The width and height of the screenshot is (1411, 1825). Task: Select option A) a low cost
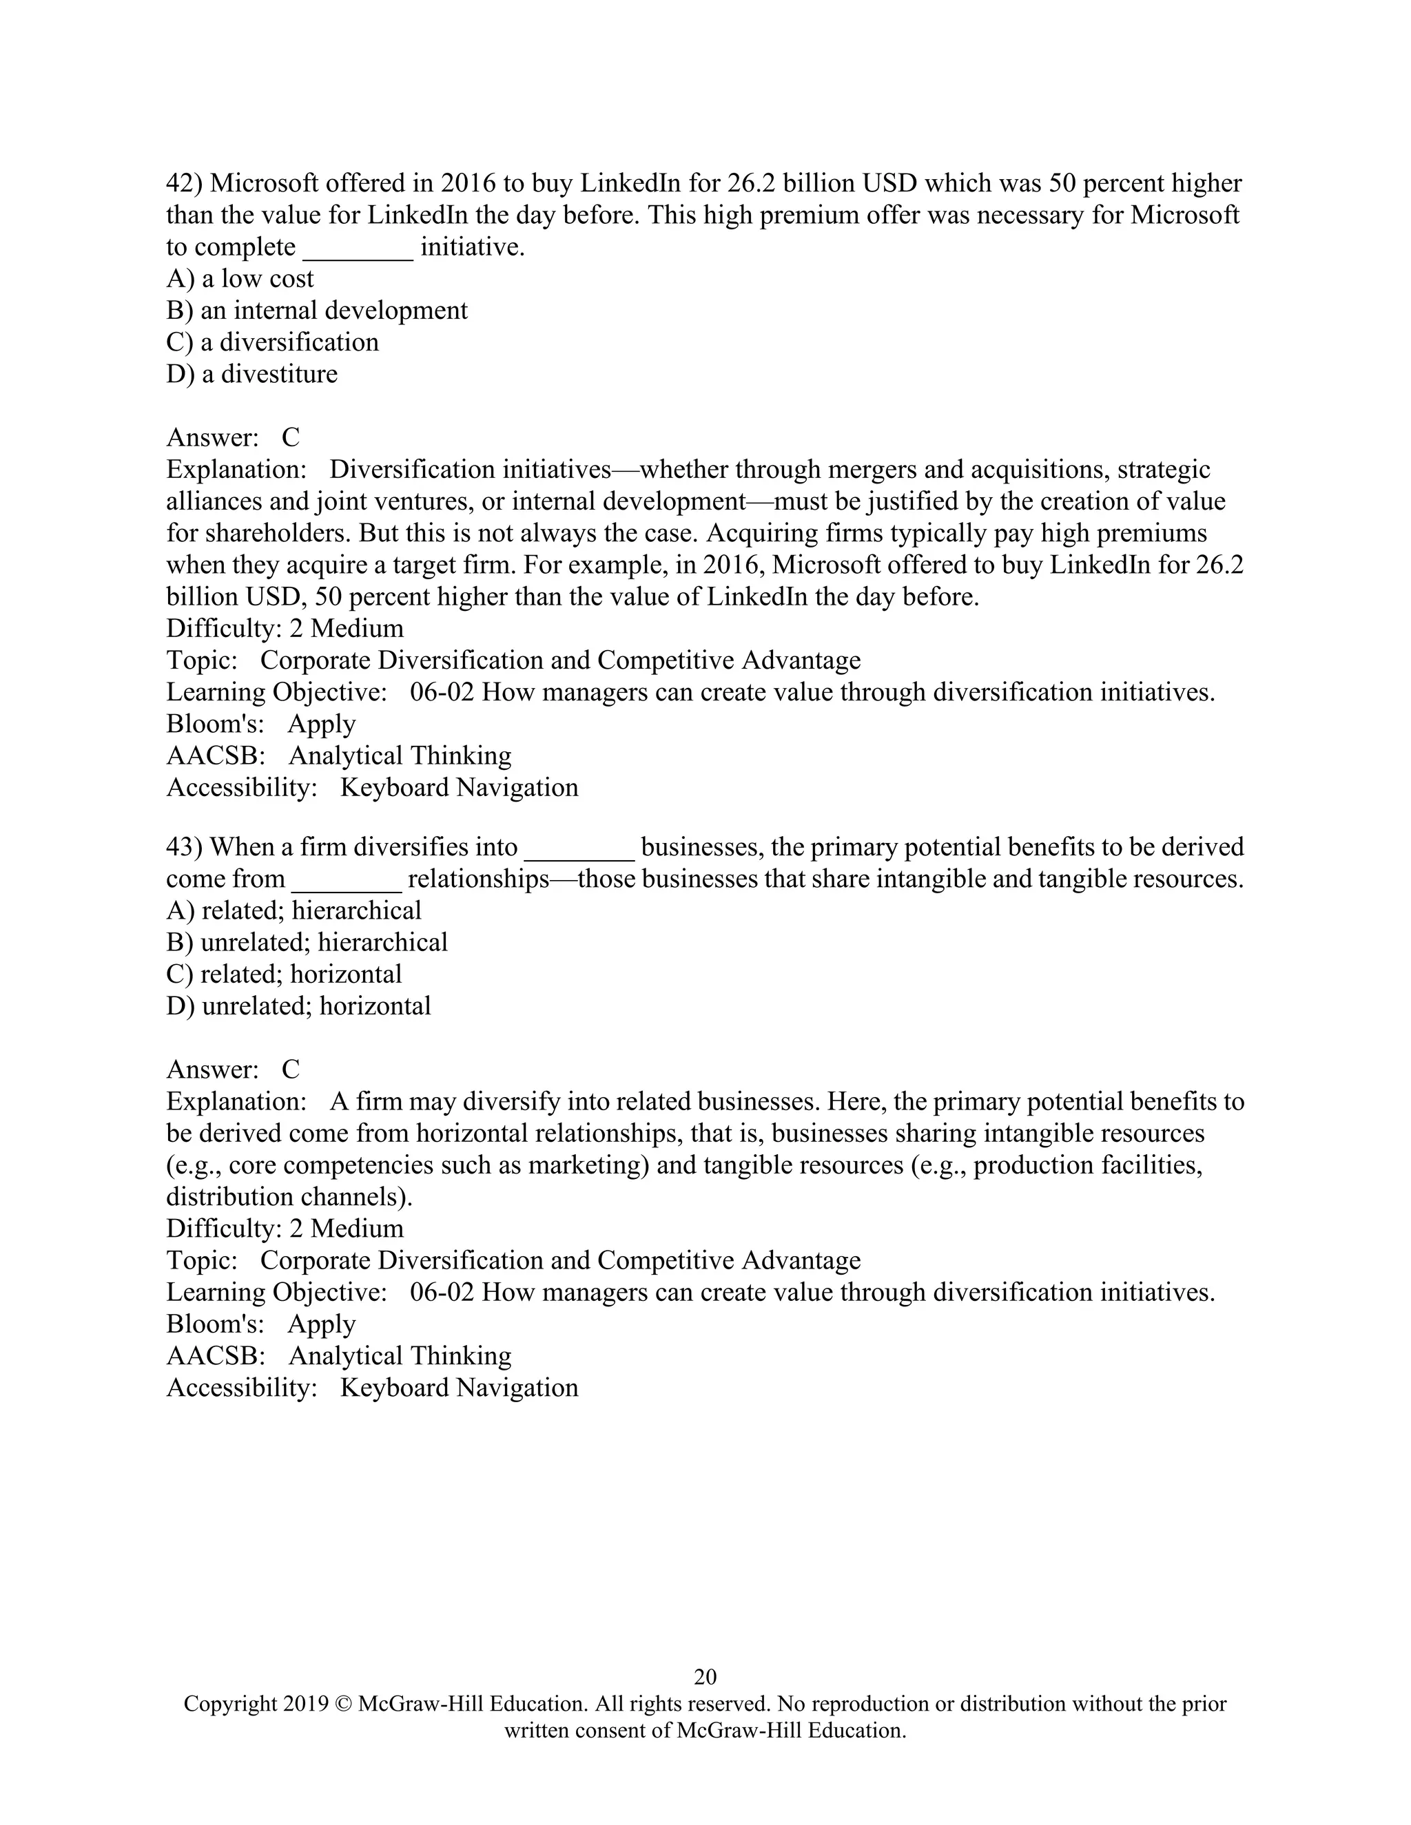click(x=240, y=278)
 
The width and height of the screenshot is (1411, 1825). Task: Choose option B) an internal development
click(x=317, y=310)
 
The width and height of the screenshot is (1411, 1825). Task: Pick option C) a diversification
click(x=273, y=342)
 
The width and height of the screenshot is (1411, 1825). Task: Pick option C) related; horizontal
click(x=285, y=974)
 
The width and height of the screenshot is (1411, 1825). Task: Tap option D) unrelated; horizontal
click(x=298, y=1005)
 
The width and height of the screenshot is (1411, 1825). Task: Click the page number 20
click(x=705, y=1676)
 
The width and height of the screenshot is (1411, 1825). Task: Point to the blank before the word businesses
click(x=579, y=850)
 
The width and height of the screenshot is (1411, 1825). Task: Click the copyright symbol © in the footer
click(x=342, y=1704)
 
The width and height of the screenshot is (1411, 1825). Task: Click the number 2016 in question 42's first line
click(x=468, y=183)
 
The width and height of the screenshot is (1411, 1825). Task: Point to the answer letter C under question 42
click(x=290, y=437)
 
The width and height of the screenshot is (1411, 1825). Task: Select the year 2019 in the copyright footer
click(x=303, y=1704)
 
